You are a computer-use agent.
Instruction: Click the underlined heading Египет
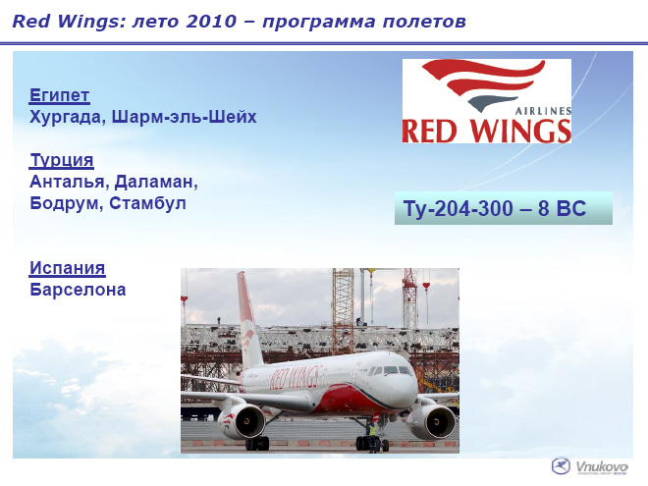click(x=60, y=95)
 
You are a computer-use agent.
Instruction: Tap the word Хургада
click(x=65, y=117)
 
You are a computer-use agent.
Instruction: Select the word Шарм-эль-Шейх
click(x=185, y=117)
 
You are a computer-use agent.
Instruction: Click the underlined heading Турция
click(x=62, y=160)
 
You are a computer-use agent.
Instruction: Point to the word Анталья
click(x=67, y=182)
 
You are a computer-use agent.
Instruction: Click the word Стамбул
click(x=148, y=203)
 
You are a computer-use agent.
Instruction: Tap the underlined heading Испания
click(x=68, y=268)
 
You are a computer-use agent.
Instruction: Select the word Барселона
click(x=78, y=290)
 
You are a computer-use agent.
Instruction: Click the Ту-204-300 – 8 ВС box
click(x=504, y=208)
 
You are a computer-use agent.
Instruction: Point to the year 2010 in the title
click(x=212, y=22)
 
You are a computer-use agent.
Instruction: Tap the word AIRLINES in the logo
click(x=544, y=111)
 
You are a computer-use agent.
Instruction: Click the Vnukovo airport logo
click(x=590, y=467)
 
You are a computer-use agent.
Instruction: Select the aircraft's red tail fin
click(x=248, y=319)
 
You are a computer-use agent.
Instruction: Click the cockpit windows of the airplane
click(x=390, y=370)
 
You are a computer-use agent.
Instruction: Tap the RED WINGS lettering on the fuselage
click(x=296, y=378)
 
